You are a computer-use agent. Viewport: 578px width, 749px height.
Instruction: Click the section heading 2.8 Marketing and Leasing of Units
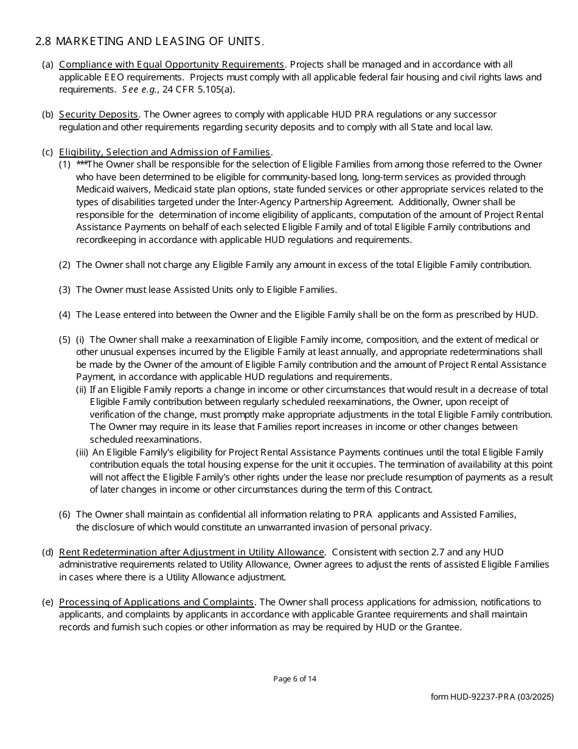[150, 41]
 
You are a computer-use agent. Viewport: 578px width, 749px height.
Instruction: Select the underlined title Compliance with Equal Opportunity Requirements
[172, 65]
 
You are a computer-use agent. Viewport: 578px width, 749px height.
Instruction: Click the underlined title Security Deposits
[99, 114]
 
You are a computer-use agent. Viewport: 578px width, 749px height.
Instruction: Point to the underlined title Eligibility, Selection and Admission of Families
[164, 152]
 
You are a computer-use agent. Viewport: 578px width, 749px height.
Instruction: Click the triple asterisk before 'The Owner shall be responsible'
[82, 164]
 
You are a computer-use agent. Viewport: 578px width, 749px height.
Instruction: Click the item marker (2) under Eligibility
[64, 265]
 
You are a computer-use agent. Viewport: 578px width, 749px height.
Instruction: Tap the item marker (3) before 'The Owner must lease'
[64, 290]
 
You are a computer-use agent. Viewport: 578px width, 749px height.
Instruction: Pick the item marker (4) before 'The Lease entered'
[64, 315]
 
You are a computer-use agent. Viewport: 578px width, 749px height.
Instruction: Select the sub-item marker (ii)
[81, 390]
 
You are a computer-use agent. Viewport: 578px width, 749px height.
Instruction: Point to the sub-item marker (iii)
[82, 452]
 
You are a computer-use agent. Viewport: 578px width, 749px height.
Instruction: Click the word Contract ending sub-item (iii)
[413, 490]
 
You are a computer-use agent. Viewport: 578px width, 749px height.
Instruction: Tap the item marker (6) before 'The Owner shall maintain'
[64, 515]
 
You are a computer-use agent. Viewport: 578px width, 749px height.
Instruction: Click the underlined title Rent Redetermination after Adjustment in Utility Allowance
[192, 552]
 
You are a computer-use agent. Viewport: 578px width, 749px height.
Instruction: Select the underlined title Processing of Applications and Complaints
[156, 602]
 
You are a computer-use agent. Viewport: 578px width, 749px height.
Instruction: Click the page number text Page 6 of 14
[294, 679]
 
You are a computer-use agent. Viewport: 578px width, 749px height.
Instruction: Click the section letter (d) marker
[47, 552]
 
